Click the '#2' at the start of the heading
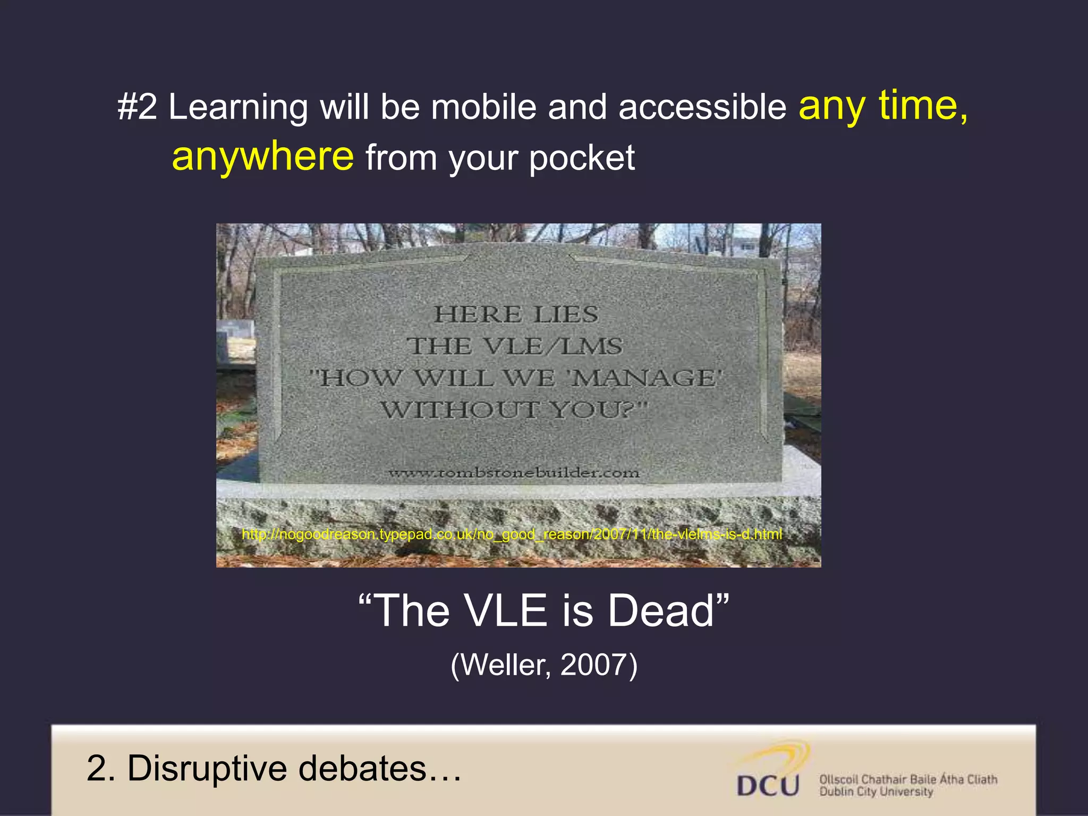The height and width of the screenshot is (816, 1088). pos(137,107)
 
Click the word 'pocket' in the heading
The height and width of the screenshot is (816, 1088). pos(582,158)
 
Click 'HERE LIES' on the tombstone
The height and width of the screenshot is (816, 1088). pos(516,314)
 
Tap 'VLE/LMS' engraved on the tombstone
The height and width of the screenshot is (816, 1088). pos(552,346)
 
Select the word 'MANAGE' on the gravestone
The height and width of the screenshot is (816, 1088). pos(645,378)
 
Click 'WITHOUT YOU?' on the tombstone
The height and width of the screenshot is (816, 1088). pos(514,410)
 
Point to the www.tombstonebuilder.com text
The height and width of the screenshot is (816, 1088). pos(514,472)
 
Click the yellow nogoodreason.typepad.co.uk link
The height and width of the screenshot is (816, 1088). pos(512,534)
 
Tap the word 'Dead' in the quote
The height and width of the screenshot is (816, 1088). pos(661,611)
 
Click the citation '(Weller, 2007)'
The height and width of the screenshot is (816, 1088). pos(543,665)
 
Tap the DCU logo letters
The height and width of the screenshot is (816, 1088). pos(768,786)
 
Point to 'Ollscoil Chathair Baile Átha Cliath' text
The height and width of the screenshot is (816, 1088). pos(908,779)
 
